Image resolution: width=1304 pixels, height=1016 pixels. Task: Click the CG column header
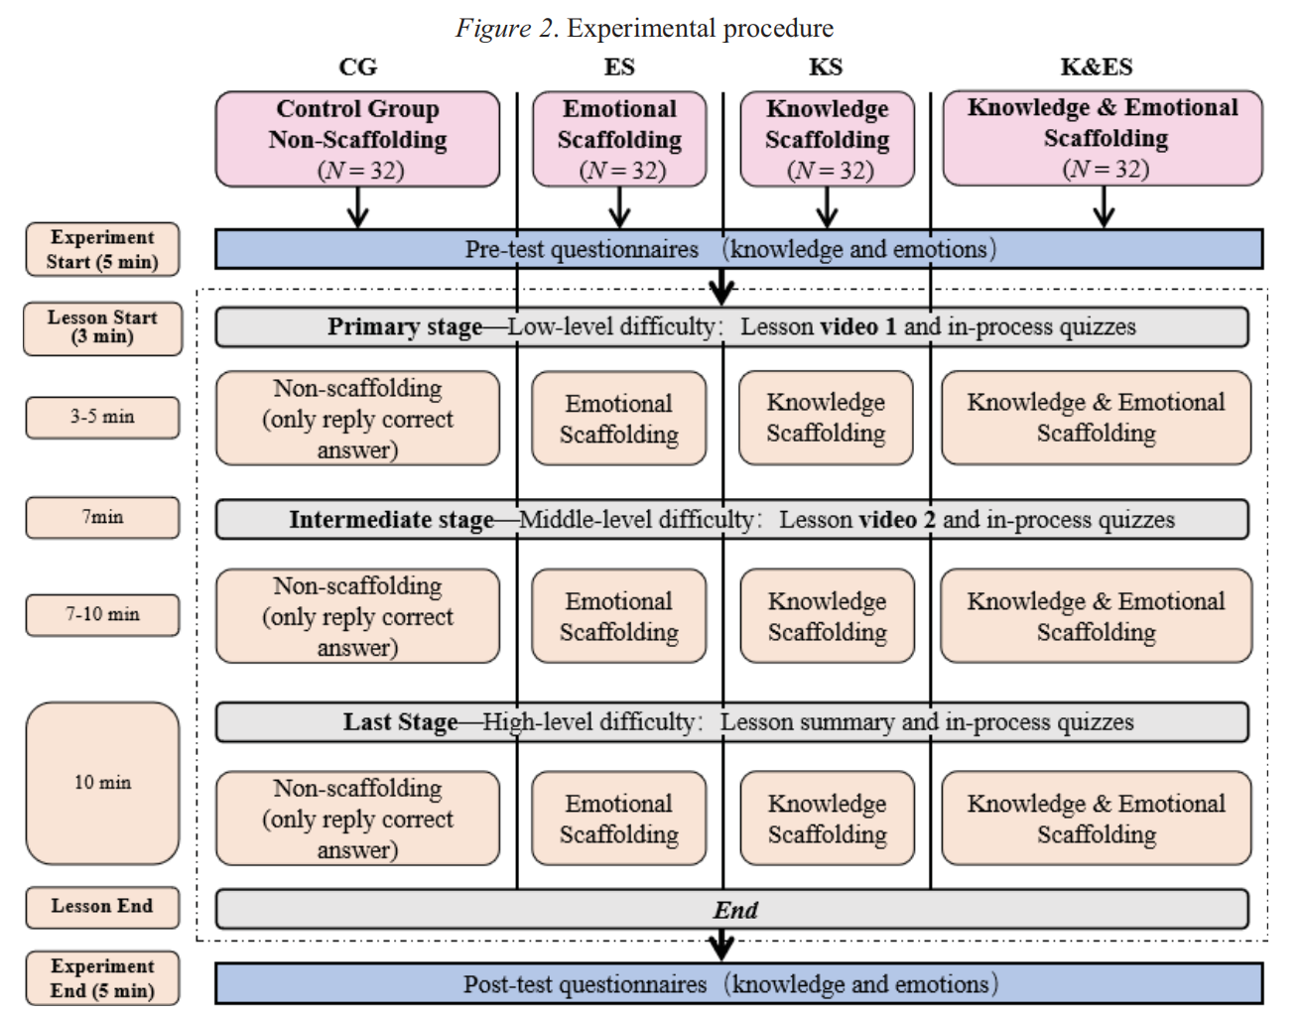tap(357, 66)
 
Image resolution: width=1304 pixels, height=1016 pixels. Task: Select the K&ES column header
tap(1096, 66)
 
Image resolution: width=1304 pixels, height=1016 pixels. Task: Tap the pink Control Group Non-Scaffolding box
tap(357, 139)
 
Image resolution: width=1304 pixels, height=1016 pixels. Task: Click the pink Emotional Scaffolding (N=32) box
tap(619, 139)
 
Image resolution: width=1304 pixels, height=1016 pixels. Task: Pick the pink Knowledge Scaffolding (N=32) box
tap(827, 139)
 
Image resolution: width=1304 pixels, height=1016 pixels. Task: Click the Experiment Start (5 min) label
tap(102, 249)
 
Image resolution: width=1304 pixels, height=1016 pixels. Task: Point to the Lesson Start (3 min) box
tap(102, 327)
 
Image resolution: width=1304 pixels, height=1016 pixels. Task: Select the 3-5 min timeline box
tap(102, 417)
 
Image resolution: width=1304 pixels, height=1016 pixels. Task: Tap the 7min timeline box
tap(102, 517)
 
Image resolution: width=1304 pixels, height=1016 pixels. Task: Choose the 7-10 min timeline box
tap(102, 614)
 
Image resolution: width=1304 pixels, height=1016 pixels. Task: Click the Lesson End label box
tap(102, 906)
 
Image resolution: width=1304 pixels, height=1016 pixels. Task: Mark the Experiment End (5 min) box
tap(102, 978)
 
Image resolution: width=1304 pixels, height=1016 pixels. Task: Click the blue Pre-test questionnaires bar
tap(738, 249)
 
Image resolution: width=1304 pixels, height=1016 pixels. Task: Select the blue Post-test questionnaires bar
tap(738, 984)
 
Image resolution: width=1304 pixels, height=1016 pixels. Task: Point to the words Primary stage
tap(404, 326)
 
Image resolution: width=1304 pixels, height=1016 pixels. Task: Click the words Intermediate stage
tap(391, 519)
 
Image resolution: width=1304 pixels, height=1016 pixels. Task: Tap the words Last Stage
tap(400, 721)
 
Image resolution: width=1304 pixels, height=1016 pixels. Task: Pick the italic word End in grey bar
tap(735, 910)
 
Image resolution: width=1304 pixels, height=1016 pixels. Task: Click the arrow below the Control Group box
tap(357, 207)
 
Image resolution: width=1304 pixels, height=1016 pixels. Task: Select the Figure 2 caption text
tap(644, 28)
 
